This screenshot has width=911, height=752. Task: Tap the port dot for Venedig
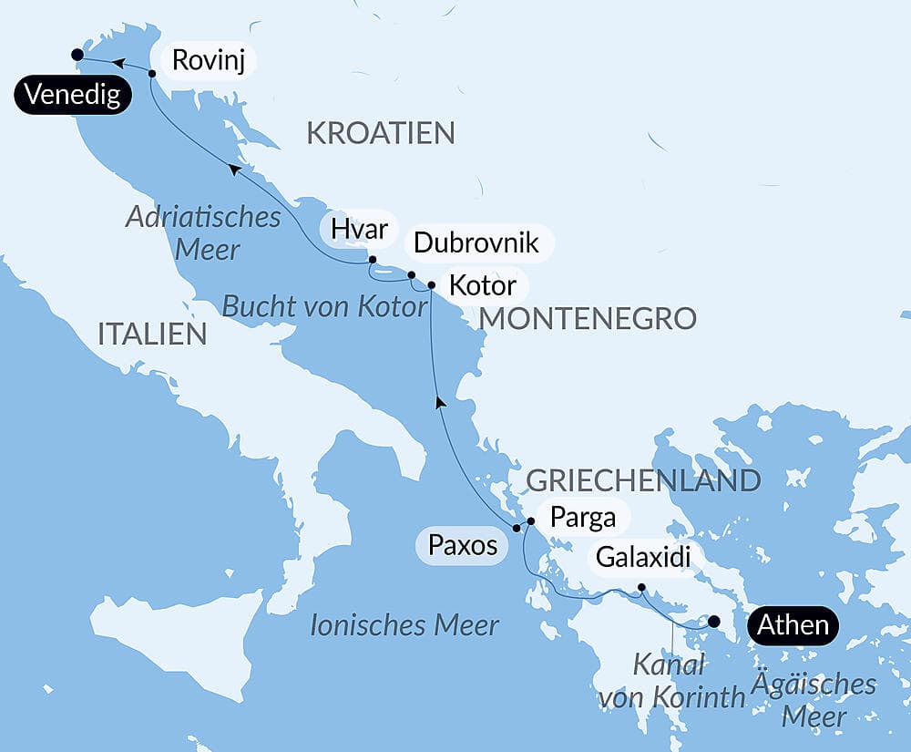point(77,55)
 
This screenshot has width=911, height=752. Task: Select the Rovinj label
point(209,61)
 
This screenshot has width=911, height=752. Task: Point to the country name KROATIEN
point(380,133)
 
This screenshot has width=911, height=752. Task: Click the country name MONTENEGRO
point(588,318)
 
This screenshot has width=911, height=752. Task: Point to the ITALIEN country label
point(152,334)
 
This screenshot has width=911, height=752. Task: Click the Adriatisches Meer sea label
point(203,232)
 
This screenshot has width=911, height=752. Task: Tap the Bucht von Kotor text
point(325,306)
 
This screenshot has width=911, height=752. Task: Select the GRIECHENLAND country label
point(643,480)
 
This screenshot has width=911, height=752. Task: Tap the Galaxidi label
point(649,555)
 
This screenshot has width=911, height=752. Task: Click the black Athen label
point(793,624)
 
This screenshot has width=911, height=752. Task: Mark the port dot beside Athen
point(714,622)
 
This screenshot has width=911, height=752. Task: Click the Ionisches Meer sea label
point(404,625)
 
